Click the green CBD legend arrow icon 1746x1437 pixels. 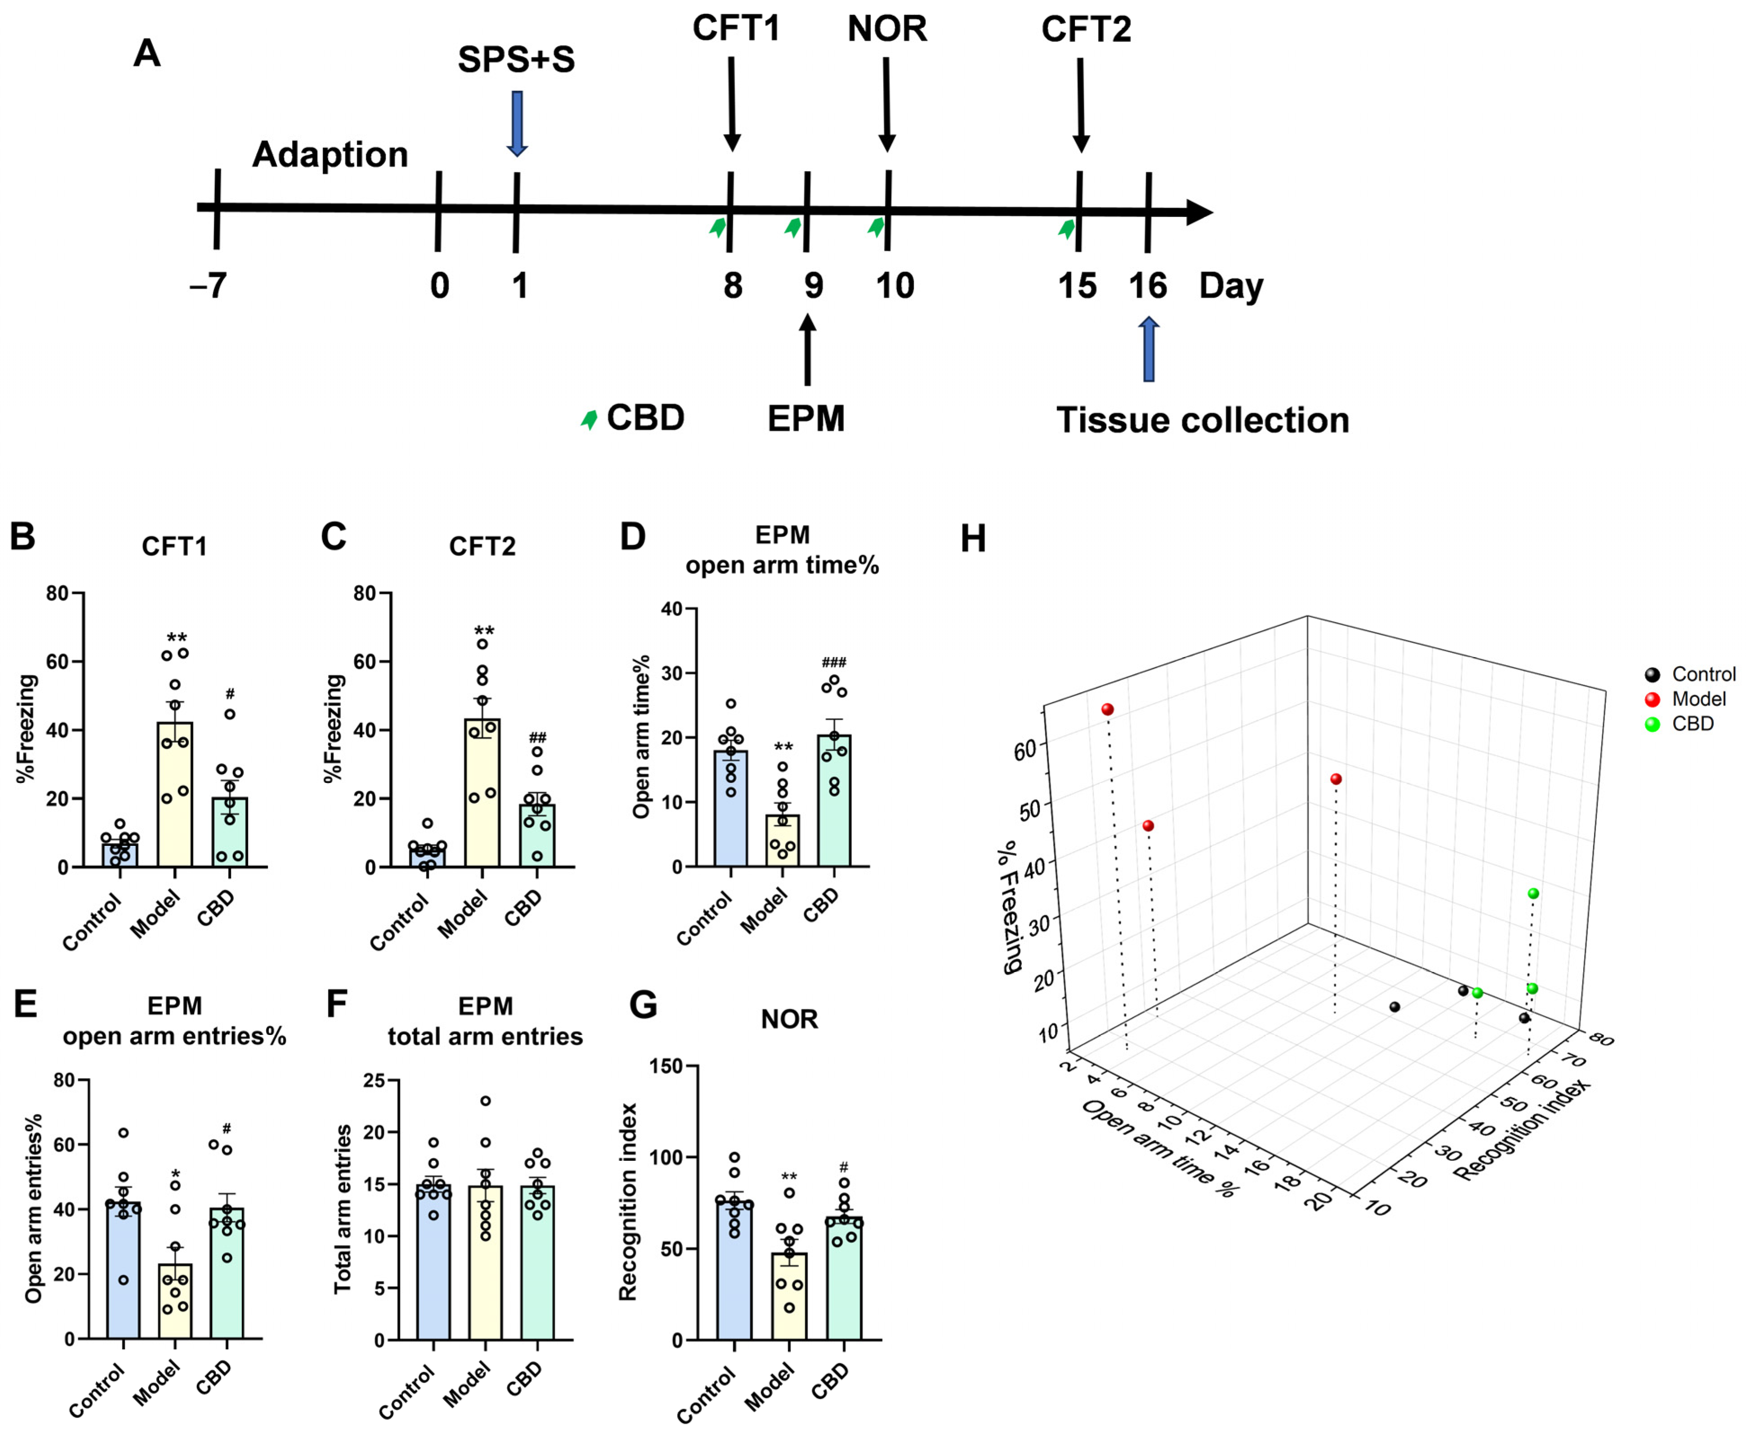(589, 420)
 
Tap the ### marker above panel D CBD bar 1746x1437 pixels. (833, 662)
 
